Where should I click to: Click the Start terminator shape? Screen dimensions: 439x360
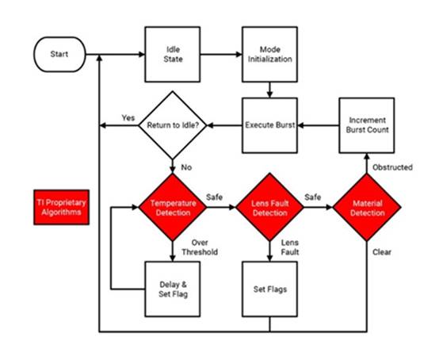[59, 55]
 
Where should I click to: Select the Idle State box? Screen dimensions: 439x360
[173, 55]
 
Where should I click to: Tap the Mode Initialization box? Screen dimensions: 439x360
[269, 55]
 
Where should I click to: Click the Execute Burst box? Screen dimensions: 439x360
[269, 125]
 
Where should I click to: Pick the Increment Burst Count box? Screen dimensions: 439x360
[367, 125]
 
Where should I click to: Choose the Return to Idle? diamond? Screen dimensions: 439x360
[173, 125]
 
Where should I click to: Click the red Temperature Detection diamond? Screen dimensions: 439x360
[173, 207]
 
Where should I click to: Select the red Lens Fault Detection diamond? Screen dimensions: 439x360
[269, 207]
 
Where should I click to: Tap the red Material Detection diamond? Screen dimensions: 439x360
[367, 207]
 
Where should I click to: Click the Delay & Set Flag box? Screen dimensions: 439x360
[173, 289]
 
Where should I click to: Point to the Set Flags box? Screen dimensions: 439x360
[269, 289]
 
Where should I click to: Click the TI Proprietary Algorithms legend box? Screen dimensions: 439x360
[61, 207]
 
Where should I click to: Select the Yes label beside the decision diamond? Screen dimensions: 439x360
[128, 117]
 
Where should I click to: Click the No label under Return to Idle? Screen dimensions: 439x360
[186, 167]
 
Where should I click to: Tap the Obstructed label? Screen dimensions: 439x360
[392, 167]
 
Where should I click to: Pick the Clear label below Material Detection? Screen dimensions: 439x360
[382, 252]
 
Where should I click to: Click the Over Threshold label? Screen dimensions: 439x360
[200, 247]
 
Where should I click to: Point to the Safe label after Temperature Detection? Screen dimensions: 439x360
[214, 197]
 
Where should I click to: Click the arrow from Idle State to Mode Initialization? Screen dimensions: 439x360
[221, 55]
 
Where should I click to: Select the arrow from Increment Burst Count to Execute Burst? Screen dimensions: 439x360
[319, 125]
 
